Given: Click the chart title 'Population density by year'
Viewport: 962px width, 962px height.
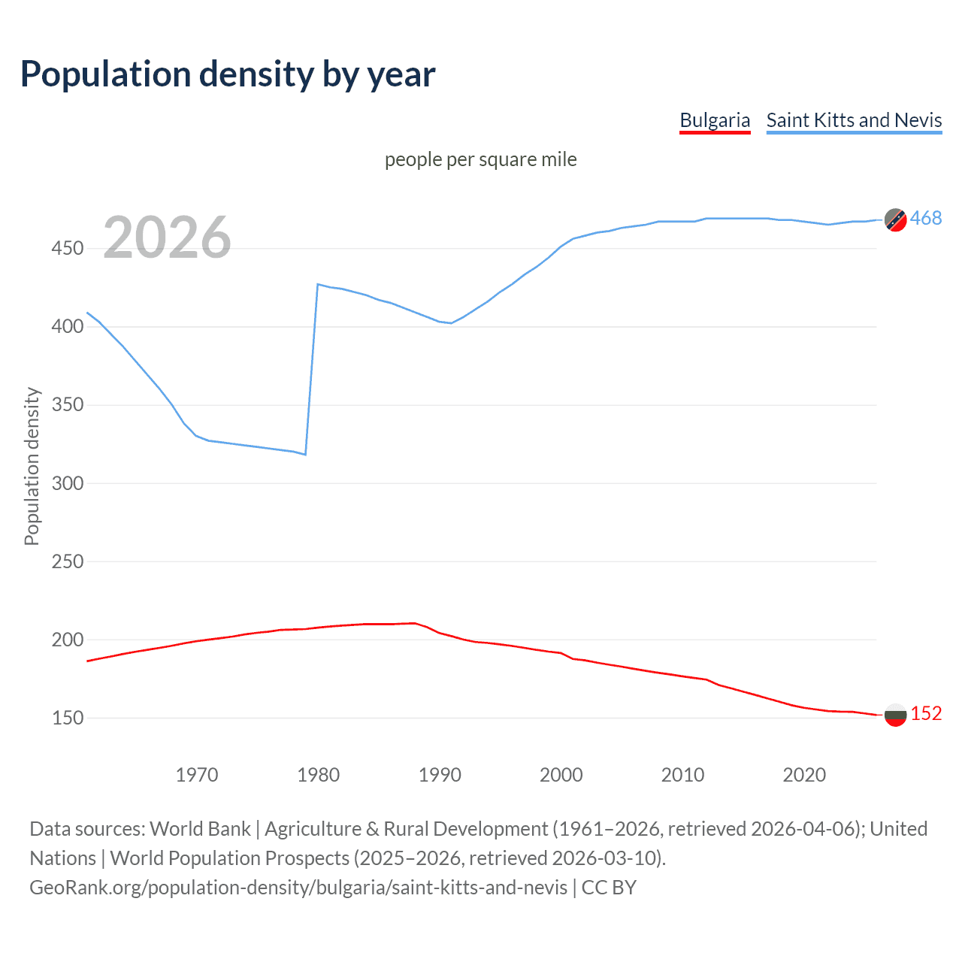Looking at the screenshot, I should (x=228, y=74).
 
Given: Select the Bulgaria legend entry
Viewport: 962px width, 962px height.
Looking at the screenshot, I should (x=714, y=120).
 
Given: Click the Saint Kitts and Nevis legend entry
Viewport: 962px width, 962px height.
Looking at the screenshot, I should (x=854, y=120).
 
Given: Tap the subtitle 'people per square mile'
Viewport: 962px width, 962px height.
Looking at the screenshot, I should (x=480, y=159).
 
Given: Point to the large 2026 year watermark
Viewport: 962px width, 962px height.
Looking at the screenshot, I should (x=167, y=238).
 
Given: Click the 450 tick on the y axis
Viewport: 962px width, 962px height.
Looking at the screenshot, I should (x=68, y=249).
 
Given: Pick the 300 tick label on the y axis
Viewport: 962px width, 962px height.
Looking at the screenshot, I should (x=68, y=483).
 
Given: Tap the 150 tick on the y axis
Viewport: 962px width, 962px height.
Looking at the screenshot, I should (x=68, y=718).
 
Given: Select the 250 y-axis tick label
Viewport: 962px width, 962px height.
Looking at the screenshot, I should (x=68, y=561).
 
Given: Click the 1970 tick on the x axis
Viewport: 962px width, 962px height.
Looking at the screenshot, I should (x=197, y=775).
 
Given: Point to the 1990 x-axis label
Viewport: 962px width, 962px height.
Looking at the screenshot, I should (x=440, y=775).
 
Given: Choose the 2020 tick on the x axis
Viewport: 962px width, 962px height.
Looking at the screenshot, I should (x=804, y=775).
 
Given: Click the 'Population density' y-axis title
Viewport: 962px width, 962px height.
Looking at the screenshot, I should (x=32, y=466).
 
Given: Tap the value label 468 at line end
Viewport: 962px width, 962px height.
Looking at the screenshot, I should (x=926, y=219).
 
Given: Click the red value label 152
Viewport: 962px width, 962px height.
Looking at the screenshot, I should (x=926, y=713).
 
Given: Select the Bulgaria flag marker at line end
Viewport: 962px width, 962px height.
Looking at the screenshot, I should (x=895, y=715).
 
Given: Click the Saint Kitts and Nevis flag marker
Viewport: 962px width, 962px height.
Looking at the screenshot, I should (x=895, y=219).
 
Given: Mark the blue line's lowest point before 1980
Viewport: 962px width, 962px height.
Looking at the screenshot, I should (x=305, y=454).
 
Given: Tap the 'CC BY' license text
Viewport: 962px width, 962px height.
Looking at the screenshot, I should (x=609, y=888).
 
